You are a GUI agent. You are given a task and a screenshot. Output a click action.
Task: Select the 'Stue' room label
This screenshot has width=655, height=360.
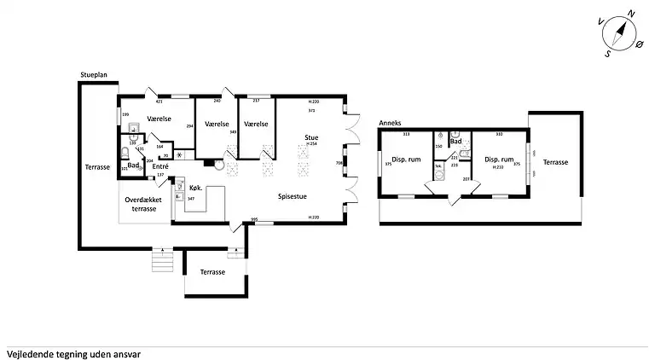click(313, 137)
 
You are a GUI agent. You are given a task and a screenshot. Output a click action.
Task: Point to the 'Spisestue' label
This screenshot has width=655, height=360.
click(293, 195)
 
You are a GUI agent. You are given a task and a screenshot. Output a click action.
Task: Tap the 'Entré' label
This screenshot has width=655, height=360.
click(160, 165)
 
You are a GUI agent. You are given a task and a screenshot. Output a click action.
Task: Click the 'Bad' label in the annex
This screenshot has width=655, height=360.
click(455, 141)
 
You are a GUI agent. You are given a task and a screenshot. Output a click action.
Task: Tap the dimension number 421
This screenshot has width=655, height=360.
click(159, 102)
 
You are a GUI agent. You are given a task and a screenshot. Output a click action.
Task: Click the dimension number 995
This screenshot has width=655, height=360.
click(254, 220)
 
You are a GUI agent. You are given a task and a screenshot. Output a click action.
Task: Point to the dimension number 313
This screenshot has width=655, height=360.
click(406, 134)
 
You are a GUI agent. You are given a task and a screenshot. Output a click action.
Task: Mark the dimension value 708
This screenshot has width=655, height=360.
click(339, 163)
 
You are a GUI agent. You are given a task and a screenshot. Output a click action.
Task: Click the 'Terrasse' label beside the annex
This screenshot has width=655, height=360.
click(556, 162)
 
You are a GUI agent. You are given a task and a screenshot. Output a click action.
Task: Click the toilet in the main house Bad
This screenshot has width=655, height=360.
click(126, 153)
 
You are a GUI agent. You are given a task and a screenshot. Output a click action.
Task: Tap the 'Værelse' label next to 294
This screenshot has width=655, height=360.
click(159, 119)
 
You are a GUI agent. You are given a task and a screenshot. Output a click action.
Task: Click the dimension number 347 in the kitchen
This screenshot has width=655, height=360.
click(192, 198)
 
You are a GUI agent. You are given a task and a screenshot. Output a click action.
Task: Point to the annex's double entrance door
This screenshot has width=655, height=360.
click(452, 200)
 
